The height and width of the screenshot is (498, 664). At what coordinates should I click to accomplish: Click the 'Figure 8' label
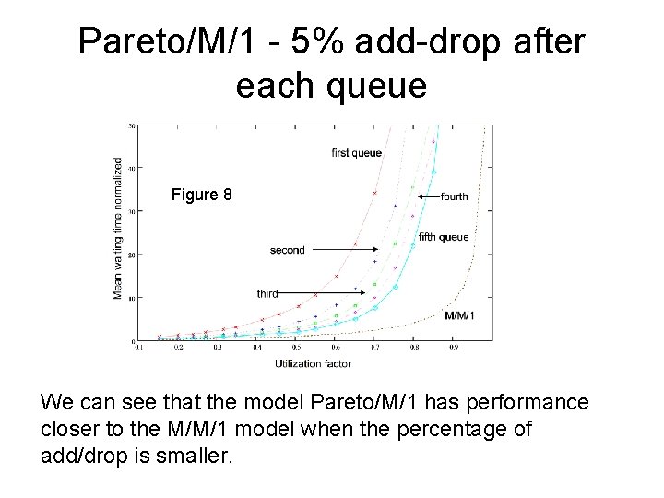pyautogui.click(x=202, y=195)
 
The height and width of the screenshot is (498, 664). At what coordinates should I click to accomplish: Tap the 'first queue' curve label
pyautogui.click(x=356, y=152)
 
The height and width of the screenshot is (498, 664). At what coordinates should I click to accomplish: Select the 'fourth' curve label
pyautogui.click(x=454, y=196)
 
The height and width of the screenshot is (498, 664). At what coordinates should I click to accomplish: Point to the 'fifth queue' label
pyautogui.click(x=444, y=237)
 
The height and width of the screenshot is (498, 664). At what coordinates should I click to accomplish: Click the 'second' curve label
pyautogui.click(x=287, y=250)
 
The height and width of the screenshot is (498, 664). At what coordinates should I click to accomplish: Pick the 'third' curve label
pyautogui.click(x=267, y=294)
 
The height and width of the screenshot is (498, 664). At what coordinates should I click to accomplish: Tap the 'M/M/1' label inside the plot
pyautogui.click(x=460, y=316)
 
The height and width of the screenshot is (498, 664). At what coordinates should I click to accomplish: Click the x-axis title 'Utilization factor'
pyautogui.click(x=313, y=364)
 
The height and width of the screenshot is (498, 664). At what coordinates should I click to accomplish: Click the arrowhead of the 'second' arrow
pyautogui.click(x=378, y=250)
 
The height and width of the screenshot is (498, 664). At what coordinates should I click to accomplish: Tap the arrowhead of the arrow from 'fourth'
pyautogui.click(x=419, y=196)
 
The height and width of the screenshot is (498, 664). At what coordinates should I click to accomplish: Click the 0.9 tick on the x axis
pyautogui.click(x=454, y=349)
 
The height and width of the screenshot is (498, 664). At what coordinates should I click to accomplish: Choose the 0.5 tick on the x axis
pyautogui.click(x=296, y=349)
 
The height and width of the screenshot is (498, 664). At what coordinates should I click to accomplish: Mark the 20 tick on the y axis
pyautogui.click(x=131, y=255)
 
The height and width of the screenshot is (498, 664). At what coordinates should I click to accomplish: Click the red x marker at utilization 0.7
pyautogui.click(x=375, y=193)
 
